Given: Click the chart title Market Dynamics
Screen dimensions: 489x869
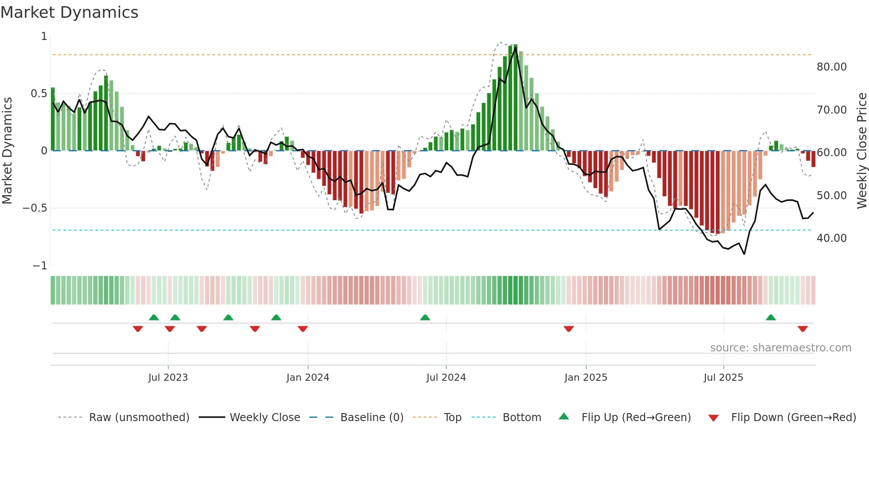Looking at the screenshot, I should click(x=70, y=12).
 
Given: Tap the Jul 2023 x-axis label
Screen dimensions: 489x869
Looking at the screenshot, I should click(x=168, y=377).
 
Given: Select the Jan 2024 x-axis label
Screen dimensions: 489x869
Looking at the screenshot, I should click(x=308, y=377).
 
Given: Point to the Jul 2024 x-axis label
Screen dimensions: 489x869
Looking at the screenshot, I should click(x=446, y=377).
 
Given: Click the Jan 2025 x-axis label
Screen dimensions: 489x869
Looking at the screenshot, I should click(x=586, y=377).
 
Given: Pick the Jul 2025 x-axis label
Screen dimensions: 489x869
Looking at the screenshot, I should click(x=723, y=377).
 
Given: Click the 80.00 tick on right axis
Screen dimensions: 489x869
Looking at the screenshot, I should click(x=831, y=67).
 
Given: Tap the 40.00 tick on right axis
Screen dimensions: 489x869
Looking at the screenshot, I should click(x=831, y=238).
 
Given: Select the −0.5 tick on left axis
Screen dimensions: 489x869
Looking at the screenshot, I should click(x=35, y=208).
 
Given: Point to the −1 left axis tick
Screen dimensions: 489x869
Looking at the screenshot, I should click(x=40, y=265).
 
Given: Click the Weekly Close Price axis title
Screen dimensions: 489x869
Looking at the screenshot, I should click(x=861, y=150).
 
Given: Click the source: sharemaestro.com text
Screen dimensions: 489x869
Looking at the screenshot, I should click(x=780, y=347).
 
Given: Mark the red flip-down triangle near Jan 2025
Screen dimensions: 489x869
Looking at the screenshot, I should click(x=569, y=329).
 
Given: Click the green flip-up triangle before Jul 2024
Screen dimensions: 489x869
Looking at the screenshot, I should click(x=425, y=317).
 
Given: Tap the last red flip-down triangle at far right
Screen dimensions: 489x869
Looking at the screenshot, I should click(x=802, y=329).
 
